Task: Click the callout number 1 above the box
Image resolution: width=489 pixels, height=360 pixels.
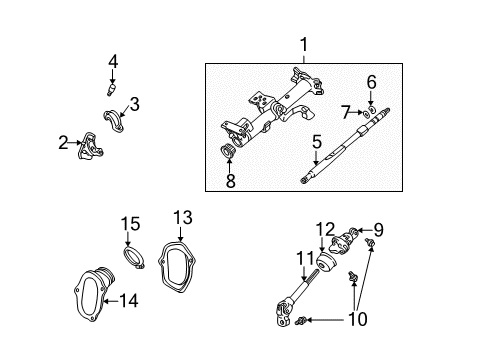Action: (304, 45)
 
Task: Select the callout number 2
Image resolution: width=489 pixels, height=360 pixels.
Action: (63, 143)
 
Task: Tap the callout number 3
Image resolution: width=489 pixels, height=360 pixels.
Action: (134, 103)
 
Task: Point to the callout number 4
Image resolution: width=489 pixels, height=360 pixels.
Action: (113, 62)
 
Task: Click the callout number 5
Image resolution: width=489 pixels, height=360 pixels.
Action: (316, 144)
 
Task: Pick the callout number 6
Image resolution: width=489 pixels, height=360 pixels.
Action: (371, 82)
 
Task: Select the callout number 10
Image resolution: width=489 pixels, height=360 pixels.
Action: (356, 320)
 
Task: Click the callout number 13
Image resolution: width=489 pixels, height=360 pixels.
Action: (181, 216)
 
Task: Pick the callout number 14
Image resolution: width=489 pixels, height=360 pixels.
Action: (129, 299)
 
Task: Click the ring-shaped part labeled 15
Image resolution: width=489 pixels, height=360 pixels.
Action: (134, 265)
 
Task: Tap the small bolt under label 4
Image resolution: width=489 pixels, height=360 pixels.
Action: (113, 90)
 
